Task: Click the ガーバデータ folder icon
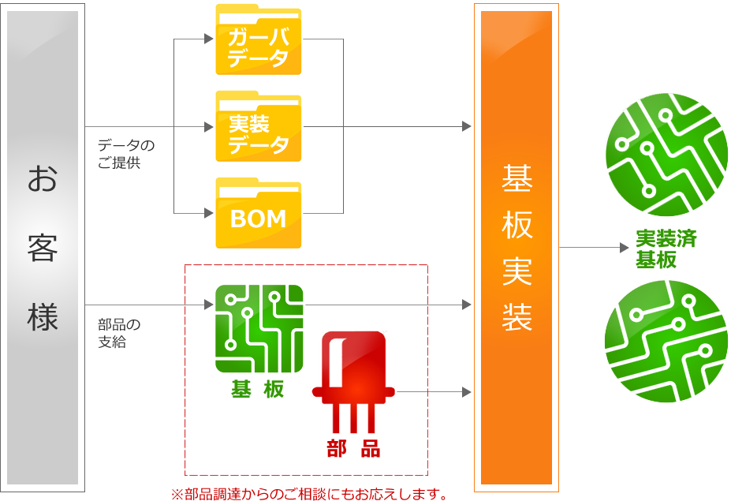coord(259,39)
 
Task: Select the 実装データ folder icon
coord(259,126)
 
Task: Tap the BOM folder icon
coord(259,213)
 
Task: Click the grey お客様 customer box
coord(43,248)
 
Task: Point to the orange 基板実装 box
coord(517,248)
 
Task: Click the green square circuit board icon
coord(259,329)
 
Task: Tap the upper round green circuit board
coord(666,155)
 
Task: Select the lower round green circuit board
coord(666,341)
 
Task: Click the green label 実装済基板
coord(666,249)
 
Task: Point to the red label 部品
coord(353,449)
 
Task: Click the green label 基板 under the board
coord(258,389)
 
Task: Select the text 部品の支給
coord(119,333)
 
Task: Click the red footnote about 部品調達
coord(309,494)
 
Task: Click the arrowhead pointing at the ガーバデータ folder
coord(209,39)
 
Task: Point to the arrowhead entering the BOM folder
coord(209,213)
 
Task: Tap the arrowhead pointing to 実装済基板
coord(625,248)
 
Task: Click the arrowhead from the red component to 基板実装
coord(467,392)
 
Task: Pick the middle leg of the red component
coord(353,418)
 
